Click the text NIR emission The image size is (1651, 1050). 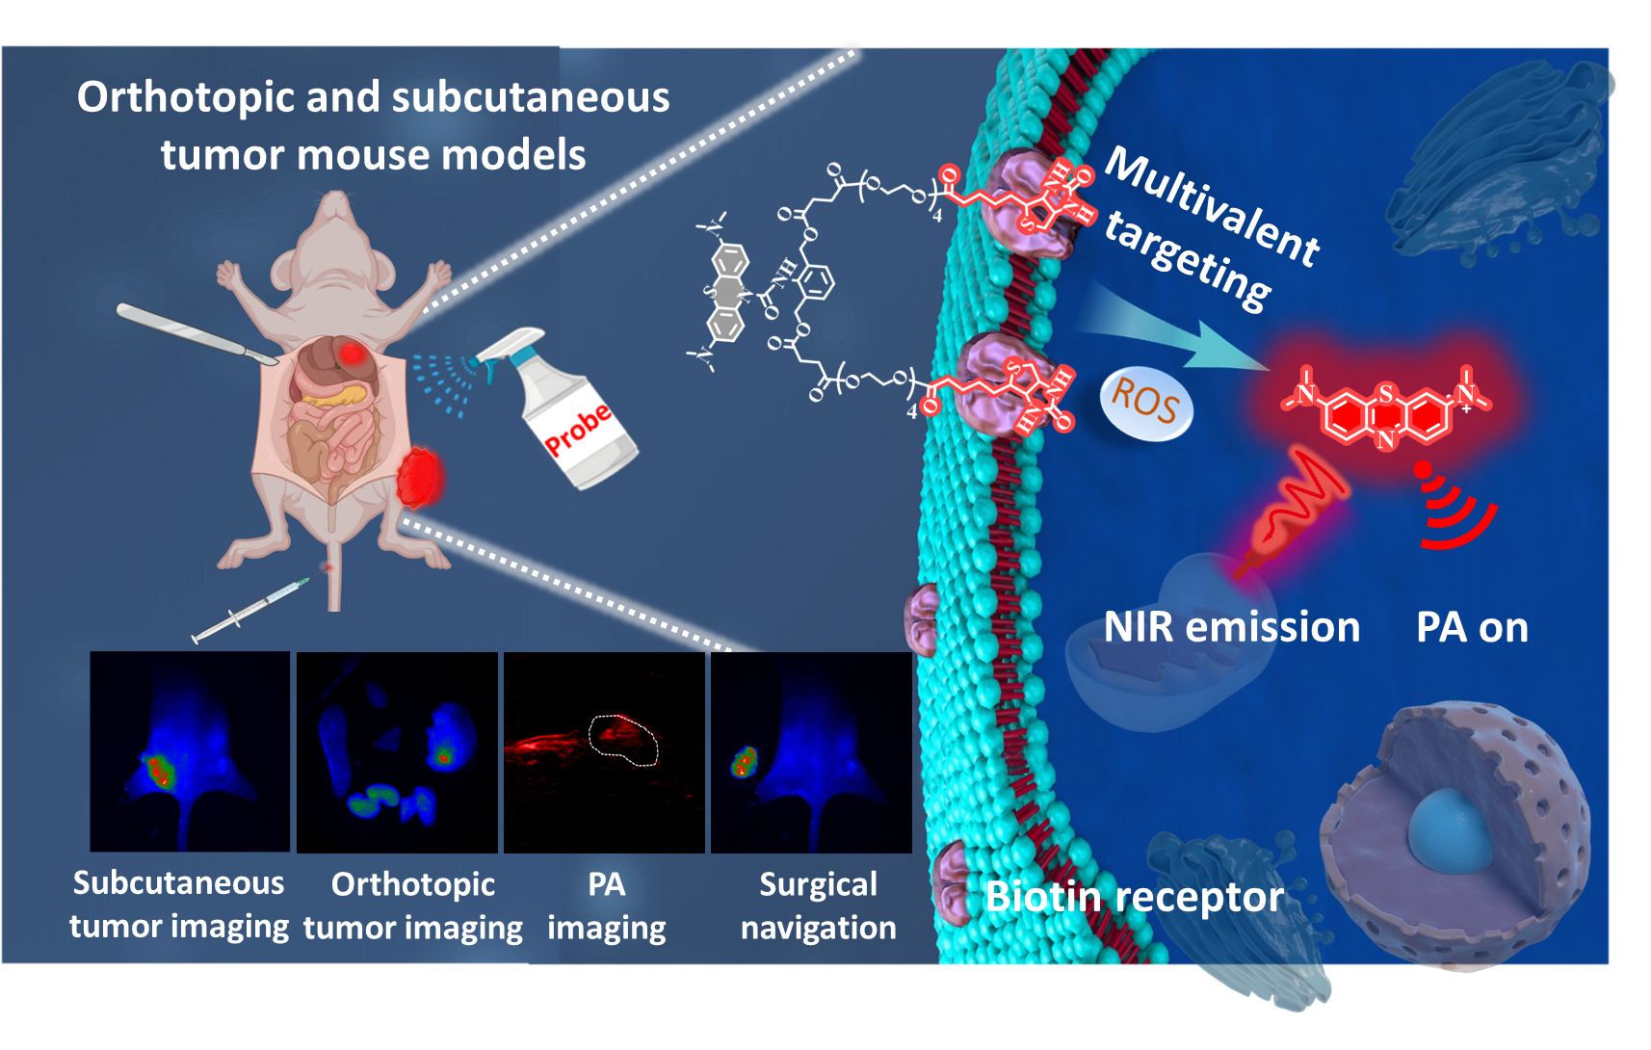[x=1231, y=627]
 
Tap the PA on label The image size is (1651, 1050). [x=1472, y=627]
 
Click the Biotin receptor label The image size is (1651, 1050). [x=1134, y=897]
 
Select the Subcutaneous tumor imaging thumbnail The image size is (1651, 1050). [x=190, y=751]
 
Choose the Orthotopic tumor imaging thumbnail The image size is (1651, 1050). [x=397, y=751]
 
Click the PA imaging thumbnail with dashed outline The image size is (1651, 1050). [x=604, y=751]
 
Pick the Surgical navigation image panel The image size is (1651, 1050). [x=811, y=751]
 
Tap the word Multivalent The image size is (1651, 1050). [x=1212, y=207]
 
